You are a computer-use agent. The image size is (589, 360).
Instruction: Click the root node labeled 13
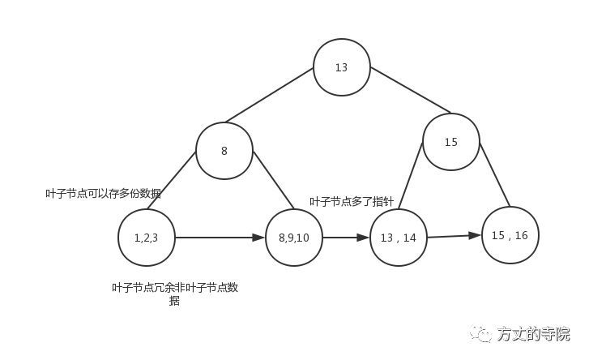coord(342,67)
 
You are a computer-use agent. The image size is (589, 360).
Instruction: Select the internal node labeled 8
coord(224,151)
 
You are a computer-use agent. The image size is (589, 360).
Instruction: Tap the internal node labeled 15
coord(451,142)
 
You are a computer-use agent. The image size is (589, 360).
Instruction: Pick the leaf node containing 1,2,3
coord(146,238)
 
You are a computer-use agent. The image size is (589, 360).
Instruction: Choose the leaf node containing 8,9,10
coord(294,238)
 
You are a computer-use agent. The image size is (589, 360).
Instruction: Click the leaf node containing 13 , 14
coord(398,238)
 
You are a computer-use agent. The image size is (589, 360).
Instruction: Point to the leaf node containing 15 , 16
coord(510,235)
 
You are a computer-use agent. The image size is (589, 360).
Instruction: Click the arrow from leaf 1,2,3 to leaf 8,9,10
coord(220,238)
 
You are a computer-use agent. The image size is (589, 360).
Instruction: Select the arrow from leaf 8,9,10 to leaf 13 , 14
coord(345,238)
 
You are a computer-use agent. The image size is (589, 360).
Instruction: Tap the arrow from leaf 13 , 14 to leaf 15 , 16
coord(454,236)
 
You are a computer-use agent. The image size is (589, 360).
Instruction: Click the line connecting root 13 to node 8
coord(269,95)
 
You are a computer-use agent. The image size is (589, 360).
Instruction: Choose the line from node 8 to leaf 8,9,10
coord(272,179)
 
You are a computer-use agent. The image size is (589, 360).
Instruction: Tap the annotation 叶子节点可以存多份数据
coord(103,193)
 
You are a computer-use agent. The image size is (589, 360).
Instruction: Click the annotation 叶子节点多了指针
coord(352,201)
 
